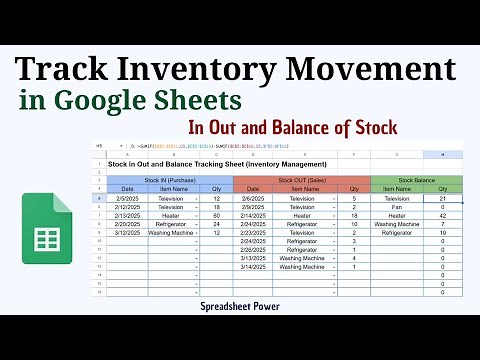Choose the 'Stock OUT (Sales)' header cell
click(x=301, y=180)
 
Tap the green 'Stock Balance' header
click(x=416, y=180)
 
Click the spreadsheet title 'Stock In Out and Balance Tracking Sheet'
click(x=217, y=163)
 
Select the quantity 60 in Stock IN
click(x=217, y=216)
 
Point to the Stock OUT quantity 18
click(x=354, y=216)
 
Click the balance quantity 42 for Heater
click(x=441, y=216)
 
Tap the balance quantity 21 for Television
click(x=441, y=199)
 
